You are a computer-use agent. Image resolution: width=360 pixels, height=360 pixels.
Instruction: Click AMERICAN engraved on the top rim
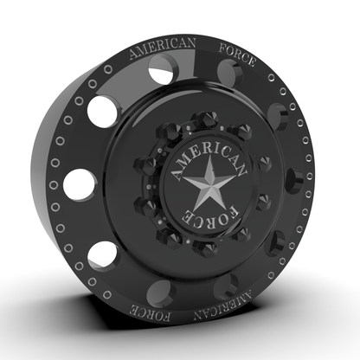click(162, 48)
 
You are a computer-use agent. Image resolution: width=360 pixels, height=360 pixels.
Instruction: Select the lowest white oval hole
click(102, 254)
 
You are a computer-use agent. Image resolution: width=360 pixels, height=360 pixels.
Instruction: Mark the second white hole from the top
click(100, 112)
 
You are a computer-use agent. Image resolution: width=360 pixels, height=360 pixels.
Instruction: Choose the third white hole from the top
click(80, 182)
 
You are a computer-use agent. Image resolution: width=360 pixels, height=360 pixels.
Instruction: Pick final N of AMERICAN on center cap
click(237, 167)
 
